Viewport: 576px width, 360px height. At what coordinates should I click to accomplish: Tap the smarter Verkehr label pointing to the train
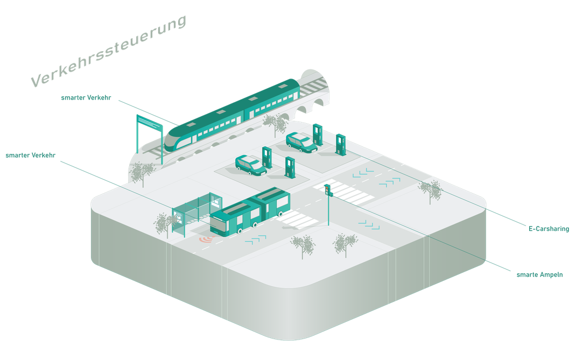pyautogui.click(x=86, y=98)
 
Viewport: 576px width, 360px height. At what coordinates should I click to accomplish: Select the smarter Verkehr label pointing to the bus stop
pyautogui.click(x=31, y=156)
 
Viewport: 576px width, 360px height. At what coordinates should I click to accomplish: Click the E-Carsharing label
pyautogui.click(x=549, y=229)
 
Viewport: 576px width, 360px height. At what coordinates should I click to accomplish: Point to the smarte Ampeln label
pyautogui.click(x=539, y=275)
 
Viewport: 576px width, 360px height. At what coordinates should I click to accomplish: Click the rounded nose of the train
pyautogui.click(x=172, y=139)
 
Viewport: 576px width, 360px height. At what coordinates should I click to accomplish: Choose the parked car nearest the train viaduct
pyautogui.click(x=301, y=142)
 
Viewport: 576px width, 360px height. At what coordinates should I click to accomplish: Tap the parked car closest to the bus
pyautogui.click(x=250, y=165)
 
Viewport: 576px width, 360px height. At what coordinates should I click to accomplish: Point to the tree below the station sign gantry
pyautogui.click(x=142, y=173)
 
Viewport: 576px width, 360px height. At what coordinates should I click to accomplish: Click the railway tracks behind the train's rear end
pyautogui.click(x=313, y=87)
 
